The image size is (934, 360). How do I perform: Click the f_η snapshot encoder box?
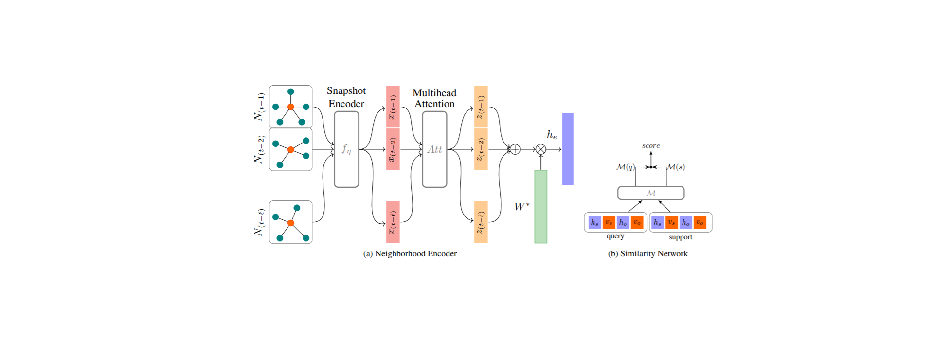tap(346, 149)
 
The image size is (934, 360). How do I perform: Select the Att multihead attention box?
tap(434, 149)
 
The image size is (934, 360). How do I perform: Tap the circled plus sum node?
tap(515, 149)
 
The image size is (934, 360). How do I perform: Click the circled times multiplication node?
tap(540, 149)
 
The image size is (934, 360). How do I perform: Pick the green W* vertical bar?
tap(540, 207)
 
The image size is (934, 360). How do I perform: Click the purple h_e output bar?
tap(567, 149)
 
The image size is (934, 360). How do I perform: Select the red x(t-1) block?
tap(393, 107)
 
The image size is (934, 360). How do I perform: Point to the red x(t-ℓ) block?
tap(393, 222)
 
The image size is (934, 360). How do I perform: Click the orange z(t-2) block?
tap(481, 149)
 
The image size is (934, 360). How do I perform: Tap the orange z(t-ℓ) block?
tap(481, 222)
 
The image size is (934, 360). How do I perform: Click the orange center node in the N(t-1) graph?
tap(290, 107)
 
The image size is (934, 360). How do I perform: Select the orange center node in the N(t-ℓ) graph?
tap(290, 223)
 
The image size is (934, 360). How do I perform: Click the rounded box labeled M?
tap(650, 193)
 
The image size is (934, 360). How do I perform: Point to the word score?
tap(650, 145)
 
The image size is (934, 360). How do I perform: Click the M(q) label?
tap(625, 167)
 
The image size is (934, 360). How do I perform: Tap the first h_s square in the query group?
tap(594, 222)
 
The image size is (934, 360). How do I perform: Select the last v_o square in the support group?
tap(700, 222)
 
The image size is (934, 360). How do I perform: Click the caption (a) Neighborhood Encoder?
tap(410, 253)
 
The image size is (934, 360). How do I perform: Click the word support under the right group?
tap(680, 237)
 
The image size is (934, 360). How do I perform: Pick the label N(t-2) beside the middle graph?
tap(259, 149)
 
